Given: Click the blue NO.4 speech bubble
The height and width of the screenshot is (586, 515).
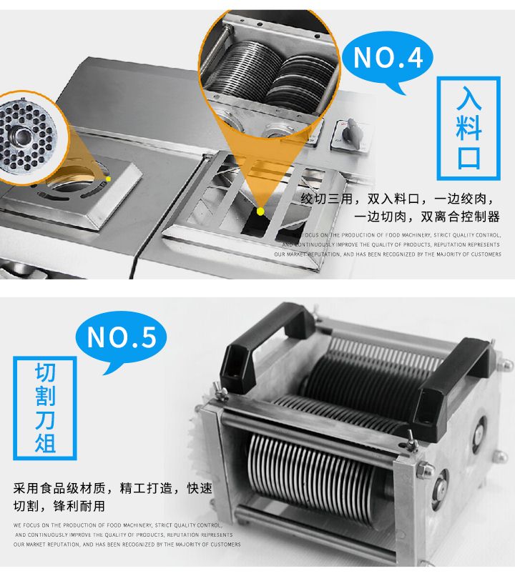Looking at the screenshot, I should (388, 58).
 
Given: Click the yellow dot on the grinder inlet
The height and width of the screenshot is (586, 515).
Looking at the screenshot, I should (109, 179).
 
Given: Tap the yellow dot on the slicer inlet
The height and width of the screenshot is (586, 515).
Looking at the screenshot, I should (260, 211).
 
